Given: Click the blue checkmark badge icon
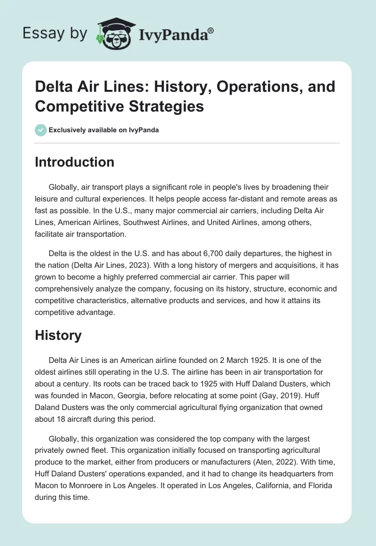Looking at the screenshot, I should (40, 130).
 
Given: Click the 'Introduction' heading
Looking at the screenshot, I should (75, 162).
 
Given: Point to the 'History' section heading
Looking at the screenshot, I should (58, 335).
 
